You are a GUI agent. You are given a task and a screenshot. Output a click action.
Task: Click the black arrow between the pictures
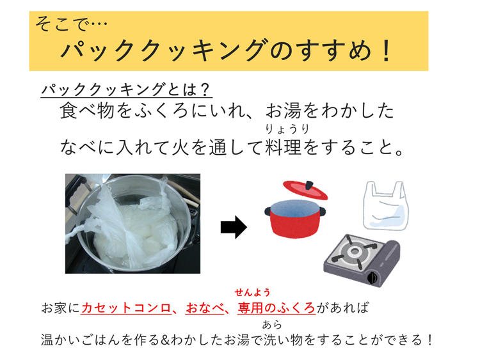pos(234,227)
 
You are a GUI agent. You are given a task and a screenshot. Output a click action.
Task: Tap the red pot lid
pos(305,190)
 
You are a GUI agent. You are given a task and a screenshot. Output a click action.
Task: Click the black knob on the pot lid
pos(309,185)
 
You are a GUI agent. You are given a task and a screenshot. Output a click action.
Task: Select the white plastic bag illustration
pos(386,205)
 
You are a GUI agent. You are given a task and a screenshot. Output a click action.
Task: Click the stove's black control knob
pos(372,278)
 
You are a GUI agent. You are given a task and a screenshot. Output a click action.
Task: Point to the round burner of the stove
pos(355,251)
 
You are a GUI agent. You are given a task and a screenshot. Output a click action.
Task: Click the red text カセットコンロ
pos(126,308)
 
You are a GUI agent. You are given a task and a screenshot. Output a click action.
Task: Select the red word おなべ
pos(205,308)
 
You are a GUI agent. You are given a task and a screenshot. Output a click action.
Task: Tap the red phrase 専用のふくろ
pos(276,308)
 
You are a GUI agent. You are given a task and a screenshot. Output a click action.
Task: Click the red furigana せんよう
pos(253,292)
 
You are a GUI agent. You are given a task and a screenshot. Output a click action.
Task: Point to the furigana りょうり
pos(287,129)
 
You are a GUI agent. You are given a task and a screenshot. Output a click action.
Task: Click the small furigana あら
pos(272,324)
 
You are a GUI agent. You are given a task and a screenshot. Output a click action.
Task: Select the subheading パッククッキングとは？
pos(126,90)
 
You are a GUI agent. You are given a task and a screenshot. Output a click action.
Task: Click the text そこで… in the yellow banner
pos(71,24)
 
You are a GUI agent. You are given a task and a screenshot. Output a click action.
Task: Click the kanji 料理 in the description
pos(284,147)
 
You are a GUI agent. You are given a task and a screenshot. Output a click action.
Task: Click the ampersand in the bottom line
pos(164,340)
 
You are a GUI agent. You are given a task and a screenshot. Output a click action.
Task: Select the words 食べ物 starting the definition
pos(88,111)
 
